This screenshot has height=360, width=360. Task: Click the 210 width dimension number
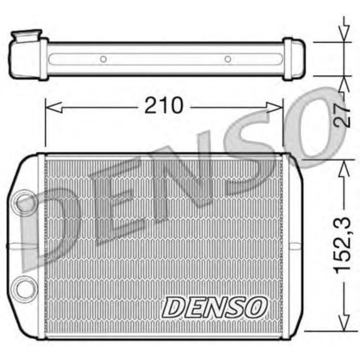[x=164, y=106]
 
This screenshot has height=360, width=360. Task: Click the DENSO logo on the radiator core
[x=215, y=308]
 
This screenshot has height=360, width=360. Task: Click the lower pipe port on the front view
[x=25, y=287]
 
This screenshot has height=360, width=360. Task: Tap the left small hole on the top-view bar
[x=103, y=59]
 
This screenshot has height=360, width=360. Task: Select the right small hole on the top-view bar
[x=228, y=59]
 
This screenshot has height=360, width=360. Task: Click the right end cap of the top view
[x=294, y=59]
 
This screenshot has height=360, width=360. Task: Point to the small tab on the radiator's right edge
[x=295, y=245]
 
